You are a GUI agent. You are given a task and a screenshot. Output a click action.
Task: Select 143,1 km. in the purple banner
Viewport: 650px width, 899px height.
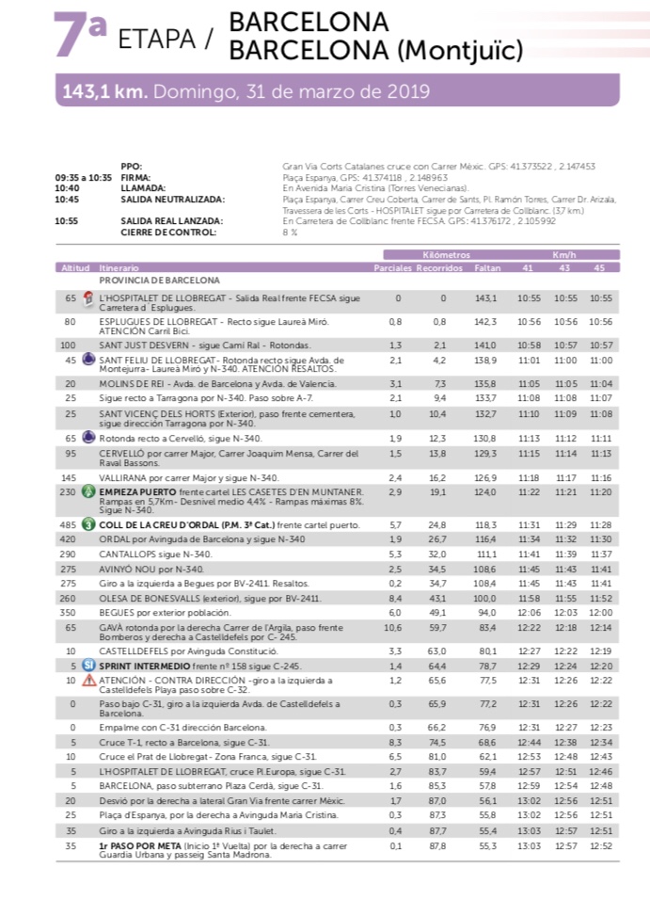(103, 92)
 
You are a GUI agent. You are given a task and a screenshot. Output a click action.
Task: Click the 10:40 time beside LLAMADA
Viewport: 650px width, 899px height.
(67, 187)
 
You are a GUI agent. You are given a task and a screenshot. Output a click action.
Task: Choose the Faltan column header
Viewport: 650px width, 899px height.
(487, 268)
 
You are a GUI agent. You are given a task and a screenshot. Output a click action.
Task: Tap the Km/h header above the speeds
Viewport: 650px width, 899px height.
(563, 255)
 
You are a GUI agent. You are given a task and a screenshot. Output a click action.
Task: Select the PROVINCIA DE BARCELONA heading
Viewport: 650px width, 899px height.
(159, 281)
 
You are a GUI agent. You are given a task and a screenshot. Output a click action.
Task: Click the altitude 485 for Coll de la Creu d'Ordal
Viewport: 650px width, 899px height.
(70, 523)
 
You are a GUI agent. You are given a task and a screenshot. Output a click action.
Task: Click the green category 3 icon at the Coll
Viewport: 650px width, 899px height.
(88, 523)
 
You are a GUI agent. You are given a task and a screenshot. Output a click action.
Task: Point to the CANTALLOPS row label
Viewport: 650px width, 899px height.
(131, 555)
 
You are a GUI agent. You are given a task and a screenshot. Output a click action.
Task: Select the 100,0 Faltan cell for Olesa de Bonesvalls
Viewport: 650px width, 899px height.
(485, 598)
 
